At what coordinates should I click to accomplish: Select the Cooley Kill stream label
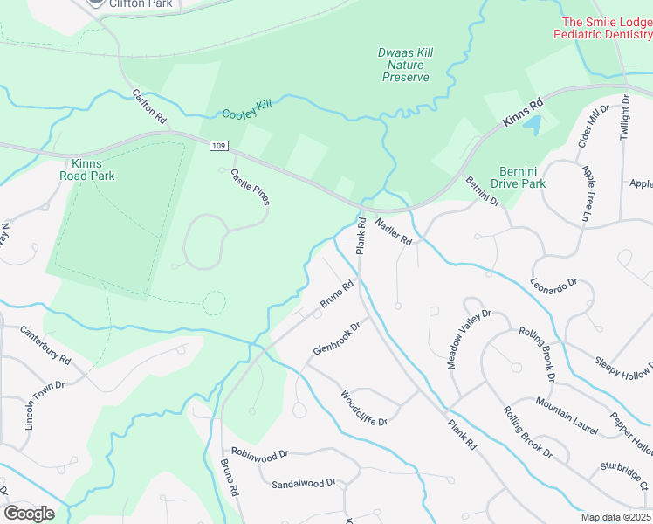247,109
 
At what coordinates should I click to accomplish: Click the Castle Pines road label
250,187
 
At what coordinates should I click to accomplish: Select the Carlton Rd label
149,105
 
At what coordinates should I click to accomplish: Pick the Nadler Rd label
394,231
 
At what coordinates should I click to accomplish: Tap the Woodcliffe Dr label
363,408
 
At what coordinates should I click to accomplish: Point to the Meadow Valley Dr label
471,339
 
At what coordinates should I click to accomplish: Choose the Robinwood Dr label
260,456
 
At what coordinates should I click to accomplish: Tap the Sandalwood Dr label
303,483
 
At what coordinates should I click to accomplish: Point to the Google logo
29,514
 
